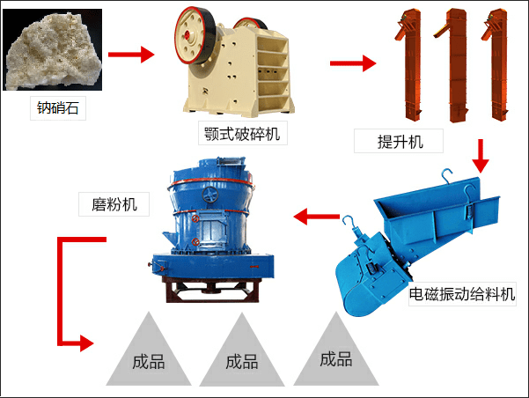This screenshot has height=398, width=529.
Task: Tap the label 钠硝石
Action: (x=62, y=110)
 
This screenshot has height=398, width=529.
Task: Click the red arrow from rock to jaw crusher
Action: (x=131, y=55)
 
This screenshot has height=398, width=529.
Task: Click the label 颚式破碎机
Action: (x=242, y=133)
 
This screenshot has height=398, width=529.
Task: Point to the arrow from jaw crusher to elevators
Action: (x=352, y=63)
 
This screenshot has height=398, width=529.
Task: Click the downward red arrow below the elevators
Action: (x=480, y=156)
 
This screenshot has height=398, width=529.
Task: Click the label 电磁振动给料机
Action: (x=462, y=294)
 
